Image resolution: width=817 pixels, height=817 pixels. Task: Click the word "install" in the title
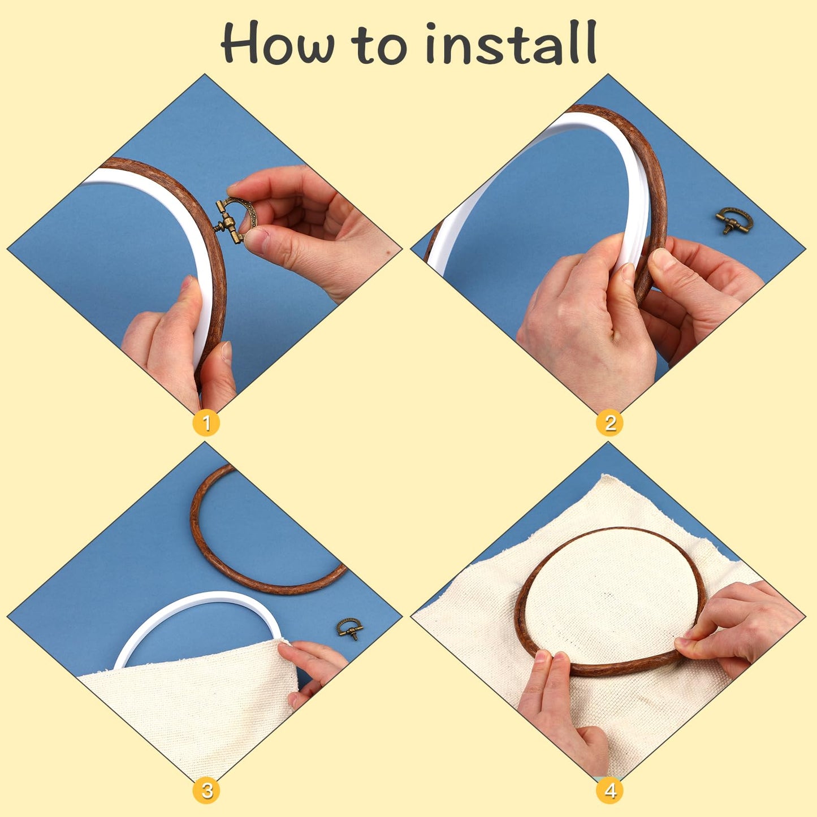511,43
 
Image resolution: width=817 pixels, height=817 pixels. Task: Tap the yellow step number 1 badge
206,423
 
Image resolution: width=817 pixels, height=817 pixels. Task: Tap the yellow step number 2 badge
609,423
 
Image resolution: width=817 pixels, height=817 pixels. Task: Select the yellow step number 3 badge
206,790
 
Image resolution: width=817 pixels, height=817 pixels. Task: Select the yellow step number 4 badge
609,790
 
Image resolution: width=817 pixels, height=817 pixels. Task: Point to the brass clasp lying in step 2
734,220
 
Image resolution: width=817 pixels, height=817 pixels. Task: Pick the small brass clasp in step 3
349,628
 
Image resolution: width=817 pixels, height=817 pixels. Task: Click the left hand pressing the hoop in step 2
582,317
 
